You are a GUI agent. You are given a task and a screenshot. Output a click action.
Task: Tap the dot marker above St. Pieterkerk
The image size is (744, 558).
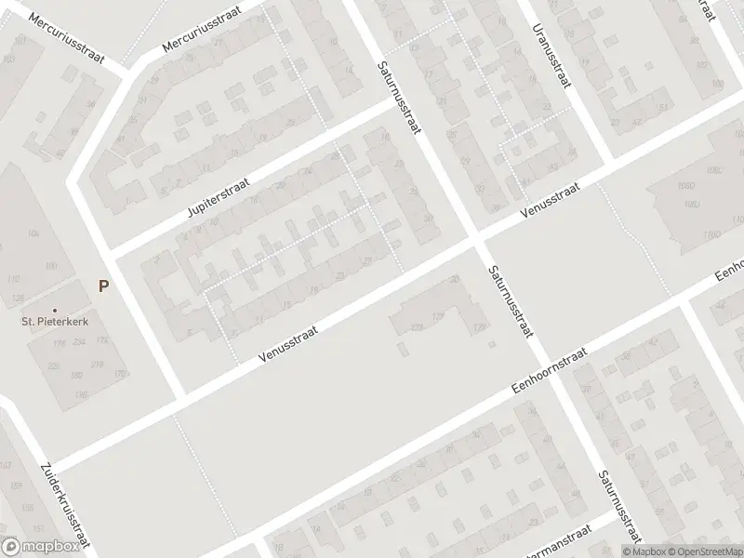54,310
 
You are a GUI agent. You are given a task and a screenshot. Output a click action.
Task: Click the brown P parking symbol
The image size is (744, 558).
103,286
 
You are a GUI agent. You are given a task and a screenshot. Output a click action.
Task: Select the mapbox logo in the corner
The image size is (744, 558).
39,547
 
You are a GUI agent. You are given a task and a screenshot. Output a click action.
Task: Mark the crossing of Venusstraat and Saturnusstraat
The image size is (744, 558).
475,240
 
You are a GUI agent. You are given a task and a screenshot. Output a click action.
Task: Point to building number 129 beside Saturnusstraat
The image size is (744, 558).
480,327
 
